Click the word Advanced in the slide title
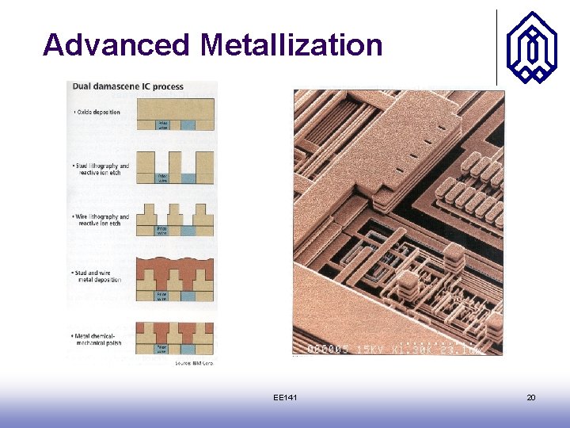pyautogui.click(x=116, y=44)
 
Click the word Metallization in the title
pyautogui.click(x=291, y=44)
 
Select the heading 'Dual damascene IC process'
pyautogui.click(x=128, y=86)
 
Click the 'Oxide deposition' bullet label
pyautogui.click(x=97, y=113)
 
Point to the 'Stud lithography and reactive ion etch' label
pyautogui.click(x=101, y=169)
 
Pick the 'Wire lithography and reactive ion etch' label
pyautogui.click(x=101, y=220)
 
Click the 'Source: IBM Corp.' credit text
pyautogui.click(x=195, y=363)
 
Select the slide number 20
pyautogui.click(x=531, y=396)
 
